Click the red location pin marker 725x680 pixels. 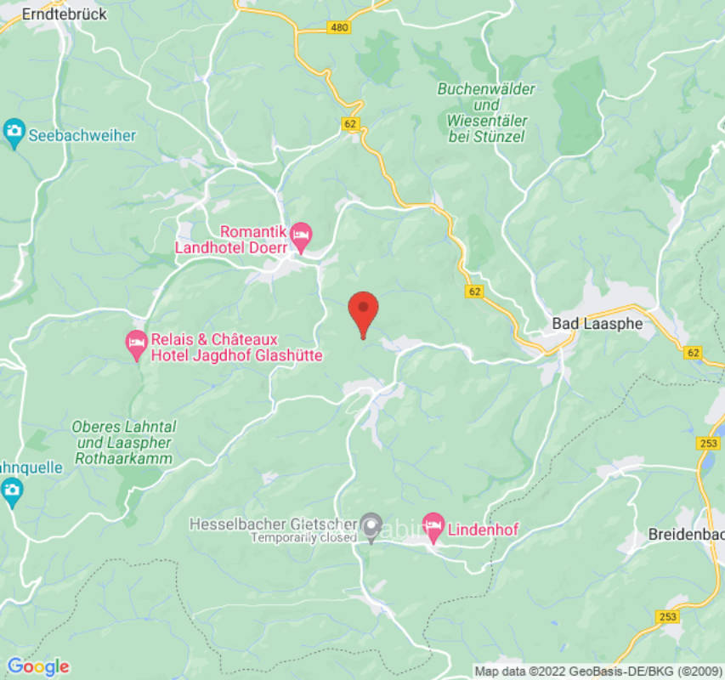point(364,311)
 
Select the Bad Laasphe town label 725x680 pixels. point(598,323)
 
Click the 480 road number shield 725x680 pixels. point(338,28)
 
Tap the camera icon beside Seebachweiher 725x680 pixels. point(14,133)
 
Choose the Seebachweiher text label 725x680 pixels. point(82,134)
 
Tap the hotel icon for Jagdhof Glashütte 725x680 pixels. point(136,343)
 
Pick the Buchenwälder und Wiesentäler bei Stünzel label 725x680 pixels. point(485,112)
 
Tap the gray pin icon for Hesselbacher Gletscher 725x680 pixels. point(371,526)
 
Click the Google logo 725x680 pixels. point(37,666)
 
